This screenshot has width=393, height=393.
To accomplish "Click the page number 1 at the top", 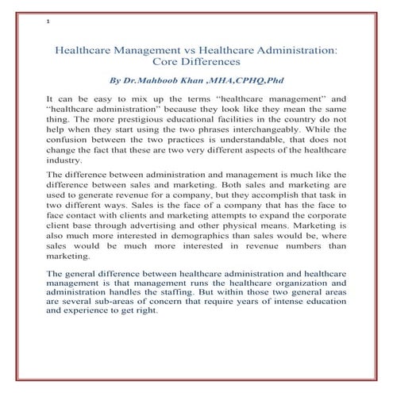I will click(x=48, y=21).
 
